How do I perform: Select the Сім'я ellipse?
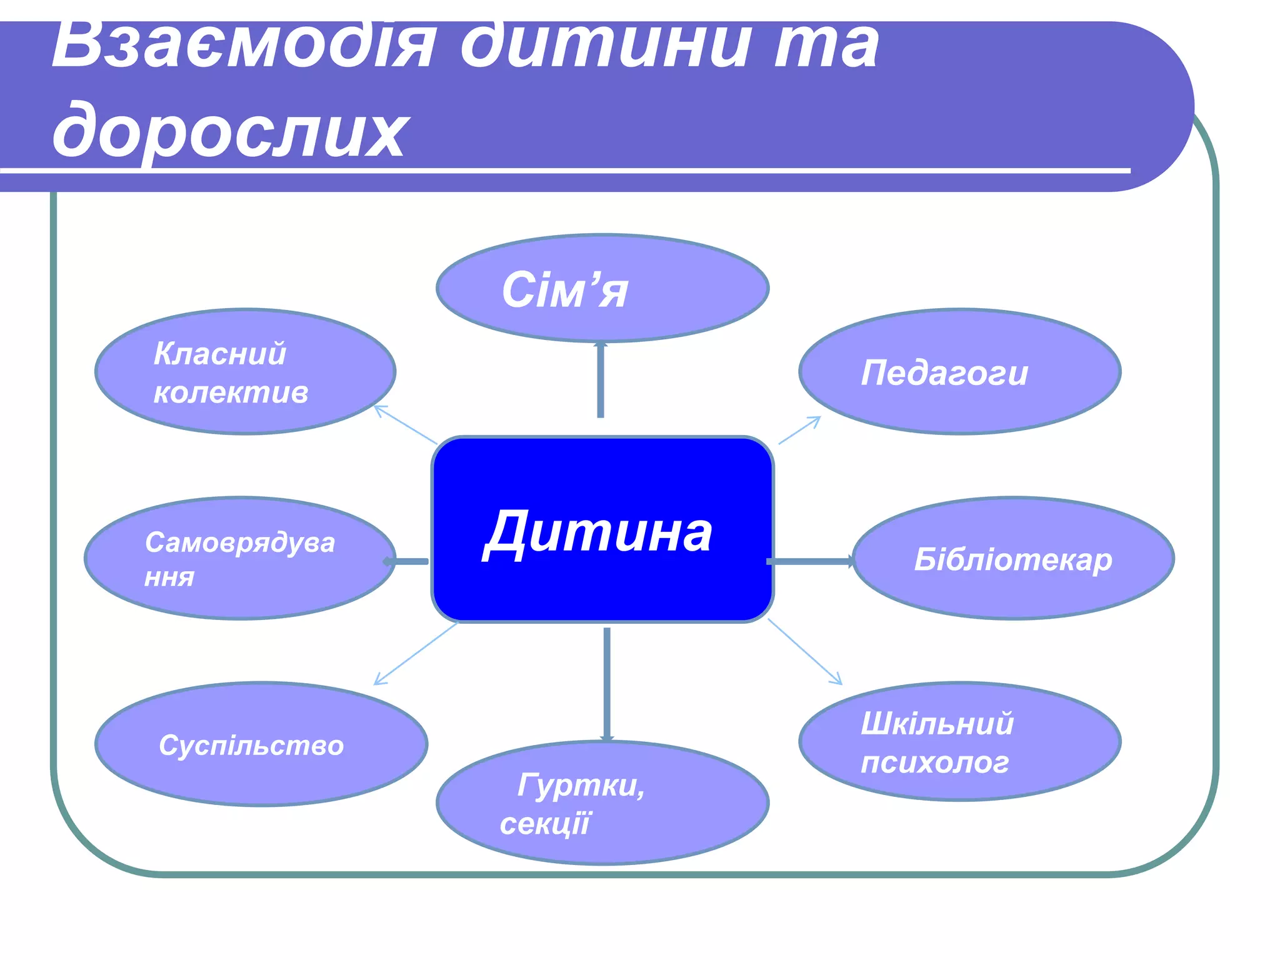click(602, 288)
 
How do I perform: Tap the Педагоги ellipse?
click(959, 371)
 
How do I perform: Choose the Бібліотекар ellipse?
click(1012, 558)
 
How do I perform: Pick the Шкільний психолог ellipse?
click(959, 741)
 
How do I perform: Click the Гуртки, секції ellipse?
click(602, 803)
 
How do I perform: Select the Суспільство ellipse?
click(261, 744)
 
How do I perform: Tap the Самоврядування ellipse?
click(240, 558)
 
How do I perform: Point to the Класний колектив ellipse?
click(245, 371)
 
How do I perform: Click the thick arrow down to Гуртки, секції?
click(606, 684)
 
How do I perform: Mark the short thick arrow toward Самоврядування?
click(407, 561)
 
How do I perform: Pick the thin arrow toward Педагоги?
click(799, 430)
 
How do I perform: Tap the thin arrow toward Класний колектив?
click(405, 424)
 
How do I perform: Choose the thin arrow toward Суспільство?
click(416, 653)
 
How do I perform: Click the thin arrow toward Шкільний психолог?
click(804, 651)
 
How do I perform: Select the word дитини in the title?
click(603, 46)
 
